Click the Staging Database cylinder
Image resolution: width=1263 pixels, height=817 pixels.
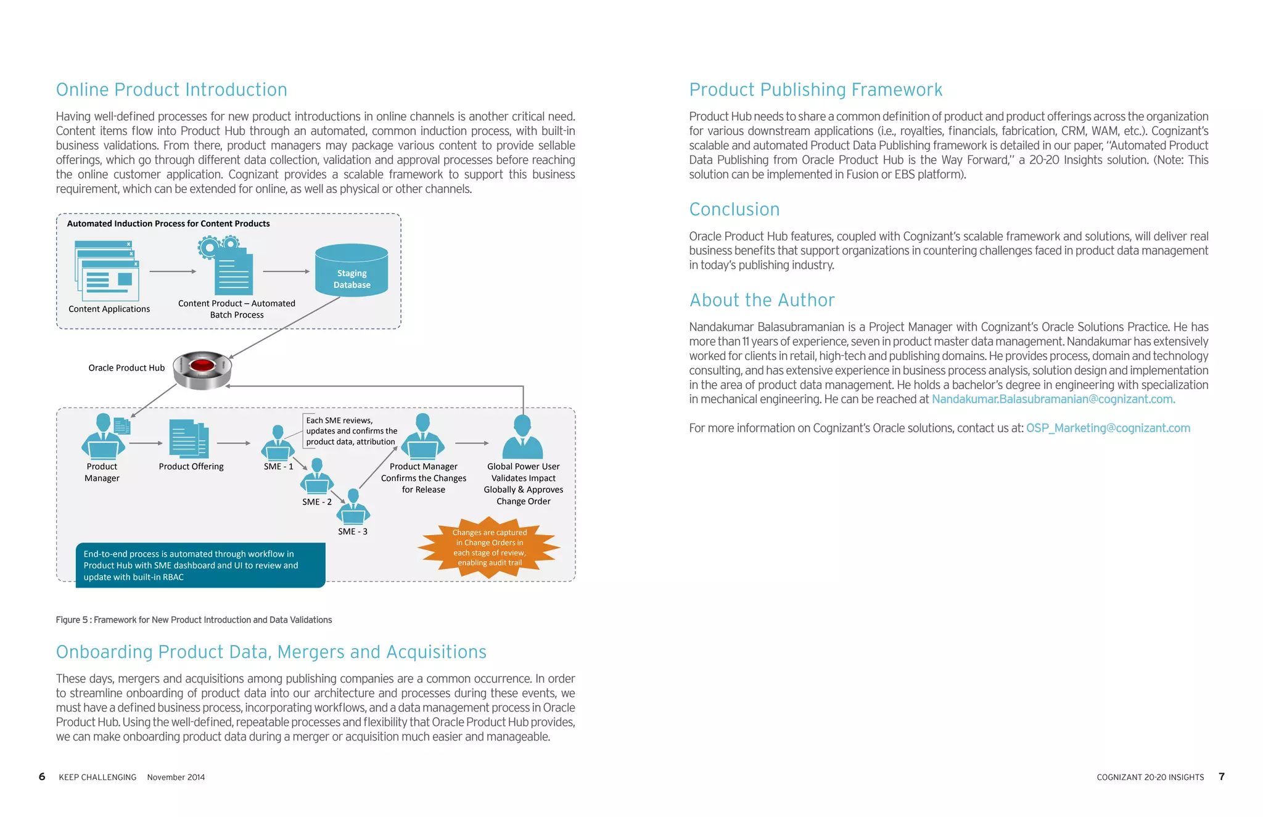[x=352, y=271]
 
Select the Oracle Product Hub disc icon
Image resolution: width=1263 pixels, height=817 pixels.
[x=202, y=370]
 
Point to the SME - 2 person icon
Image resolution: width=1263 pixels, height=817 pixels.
[x=317, y=477]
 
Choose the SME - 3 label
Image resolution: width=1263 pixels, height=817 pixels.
[x=352, y=532]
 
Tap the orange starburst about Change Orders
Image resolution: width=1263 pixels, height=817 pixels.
[x=489, y=548]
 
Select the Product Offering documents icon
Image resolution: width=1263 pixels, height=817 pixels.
[x=189, y=439]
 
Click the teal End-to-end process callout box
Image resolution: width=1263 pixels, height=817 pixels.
[x=200, y=565]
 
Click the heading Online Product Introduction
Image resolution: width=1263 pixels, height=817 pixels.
[x=171, y=90]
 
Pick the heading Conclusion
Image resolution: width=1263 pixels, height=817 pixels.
[x=734, y=210]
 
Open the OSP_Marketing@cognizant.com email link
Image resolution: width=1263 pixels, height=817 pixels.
[x=1108, y=428]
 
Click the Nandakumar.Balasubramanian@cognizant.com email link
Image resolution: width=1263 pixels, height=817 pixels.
[x=1053, y=400]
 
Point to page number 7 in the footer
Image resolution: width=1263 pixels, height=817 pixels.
[x=1221, y=776]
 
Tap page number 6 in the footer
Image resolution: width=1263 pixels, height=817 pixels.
[x=42, y=776]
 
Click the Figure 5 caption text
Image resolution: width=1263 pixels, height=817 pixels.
[x=194, y=620]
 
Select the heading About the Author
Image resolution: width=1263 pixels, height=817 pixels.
[x=762, y=300]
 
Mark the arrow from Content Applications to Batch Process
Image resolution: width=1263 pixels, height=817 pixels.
[x=172, y=271]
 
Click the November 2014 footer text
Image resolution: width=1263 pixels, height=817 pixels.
[x=176, y=777]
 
